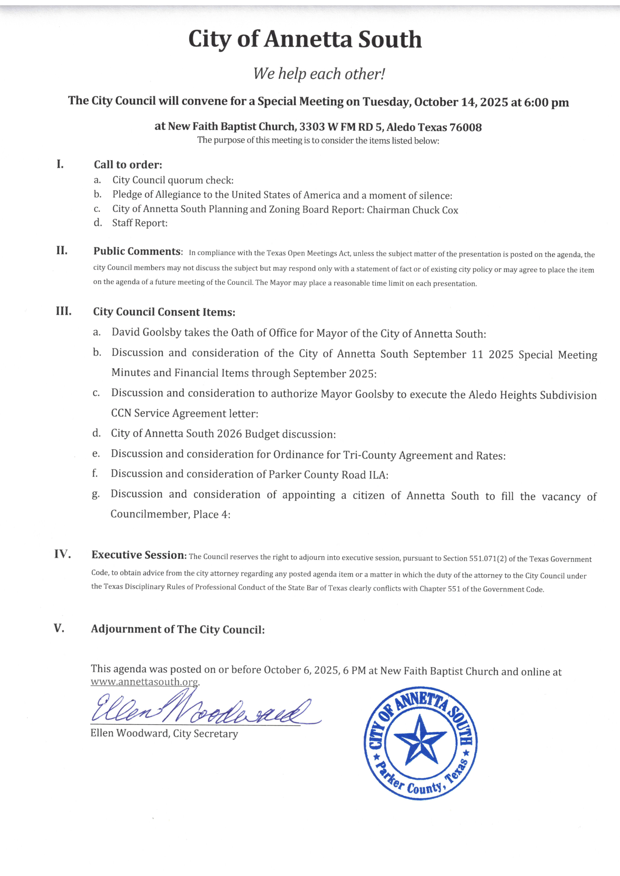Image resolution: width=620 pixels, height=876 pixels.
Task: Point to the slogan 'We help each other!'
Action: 319,74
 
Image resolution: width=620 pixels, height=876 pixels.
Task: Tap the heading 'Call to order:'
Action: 128,165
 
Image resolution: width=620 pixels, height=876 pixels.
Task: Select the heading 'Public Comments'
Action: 137,251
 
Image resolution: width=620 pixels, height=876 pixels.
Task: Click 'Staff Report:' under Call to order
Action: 140,223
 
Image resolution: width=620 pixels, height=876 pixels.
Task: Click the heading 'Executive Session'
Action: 138,555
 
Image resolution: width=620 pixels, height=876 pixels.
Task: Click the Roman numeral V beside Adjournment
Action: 59,628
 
